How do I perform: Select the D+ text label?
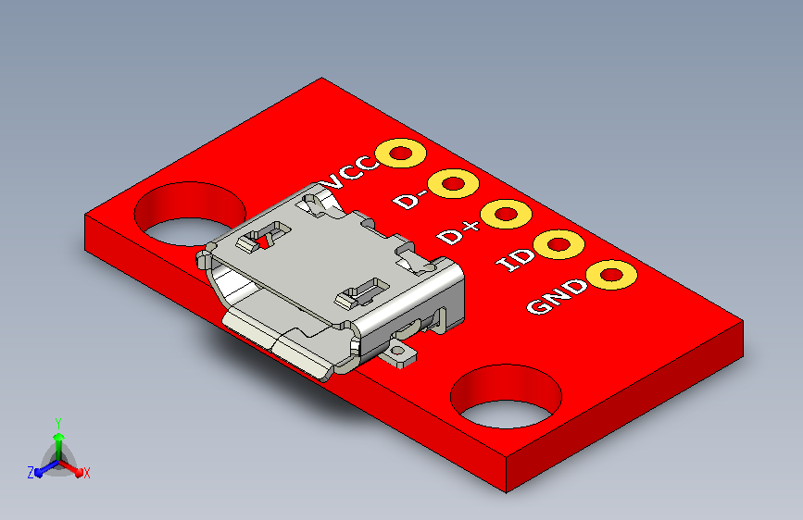pyautogui.click(x=458, y=233)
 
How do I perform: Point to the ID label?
pyautogui.click(x=515, y=260)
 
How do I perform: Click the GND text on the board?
pyautogui.click(x=558, y=296)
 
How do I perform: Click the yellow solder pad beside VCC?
pyautogui.click(x=400, y=153)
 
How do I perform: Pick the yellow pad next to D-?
pyautogui.click(x=453, y=183)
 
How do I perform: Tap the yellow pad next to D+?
pyautogui.click(x=506, y=214)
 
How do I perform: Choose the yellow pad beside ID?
pyautogui.click(x=558, y=244)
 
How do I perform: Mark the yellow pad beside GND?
pyautogui.click(x=611, y=275)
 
